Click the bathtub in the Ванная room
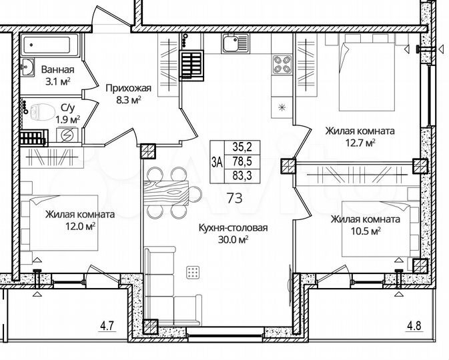coord(51,46)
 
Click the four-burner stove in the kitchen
coord(282,65)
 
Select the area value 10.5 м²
coord(366,231)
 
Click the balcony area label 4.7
coord(107,326)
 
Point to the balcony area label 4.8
coord(415,326)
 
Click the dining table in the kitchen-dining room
coord(173,194)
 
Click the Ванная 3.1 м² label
coord(57,75)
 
